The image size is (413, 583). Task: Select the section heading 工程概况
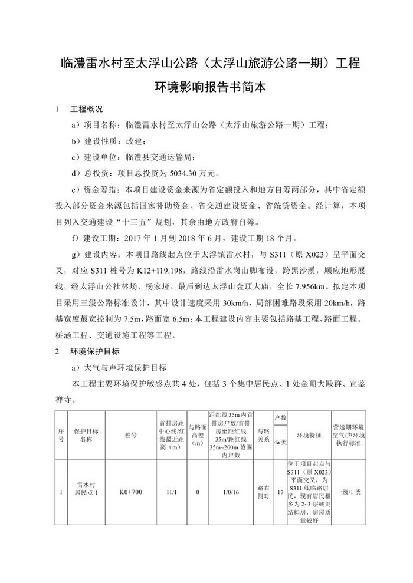87,109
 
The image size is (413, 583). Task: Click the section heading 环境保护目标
95,351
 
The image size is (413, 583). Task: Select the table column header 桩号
131,435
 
